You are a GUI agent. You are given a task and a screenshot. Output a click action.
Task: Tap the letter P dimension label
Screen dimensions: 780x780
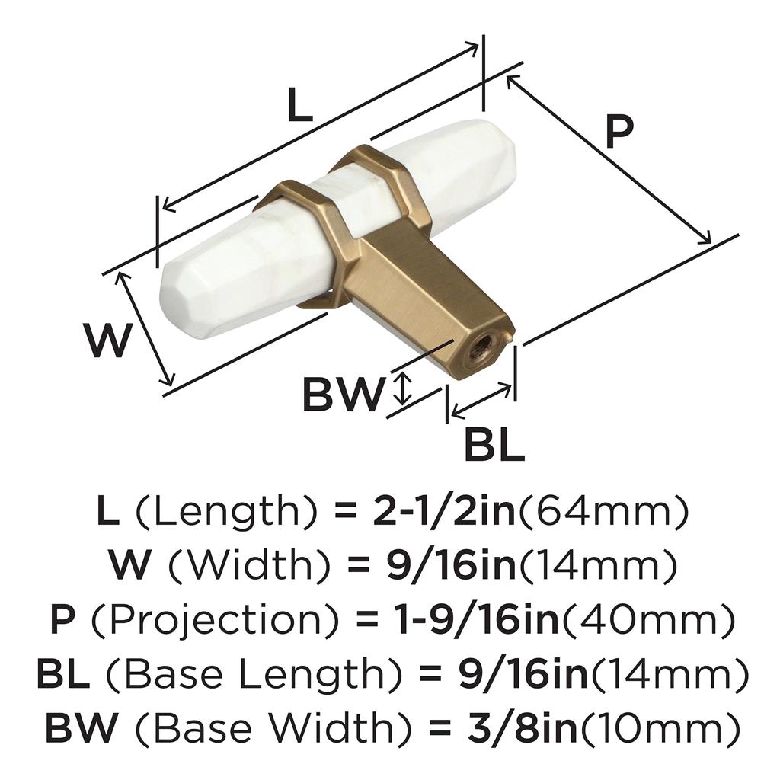[619, 133]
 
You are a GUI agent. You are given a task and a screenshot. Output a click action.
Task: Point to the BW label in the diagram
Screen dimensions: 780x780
[344, 394]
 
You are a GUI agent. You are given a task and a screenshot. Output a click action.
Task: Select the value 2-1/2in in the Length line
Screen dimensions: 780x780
[444, 512]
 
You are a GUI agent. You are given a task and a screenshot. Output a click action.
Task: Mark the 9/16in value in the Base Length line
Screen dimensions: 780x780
[523, 673]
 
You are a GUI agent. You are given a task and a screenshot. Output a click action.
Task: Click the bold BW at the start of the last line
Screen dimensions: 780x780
[80, 727]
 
